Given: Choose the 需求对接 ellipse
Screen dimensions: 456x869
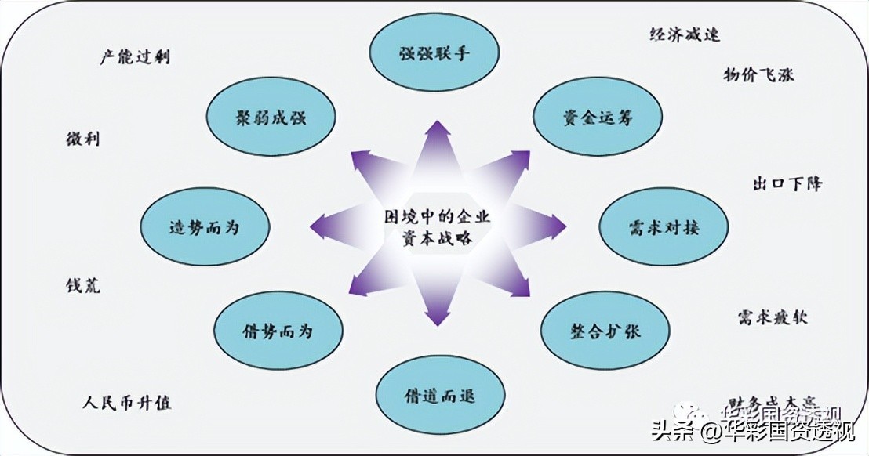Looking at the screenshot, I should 664,227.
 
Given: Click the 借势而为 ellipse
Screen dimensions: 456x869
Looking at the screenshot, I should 278,331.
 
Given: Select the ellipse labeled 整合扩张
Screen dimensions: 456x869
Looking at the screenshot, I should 605,330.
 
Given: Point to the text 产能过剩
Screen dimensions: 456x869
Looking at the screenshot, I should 136,57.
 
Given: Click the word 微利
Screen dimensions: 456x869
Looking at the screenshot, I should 83,139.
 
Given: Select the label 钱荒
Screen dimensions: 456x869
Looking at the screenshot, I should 82,286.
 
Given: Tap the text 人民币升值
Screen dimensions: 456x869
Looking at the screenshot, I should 127,404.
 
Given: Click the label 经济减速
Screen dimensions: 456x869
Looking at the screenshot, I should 684,34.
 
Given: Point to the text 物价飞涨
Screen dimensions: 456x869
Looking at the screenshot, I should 758,75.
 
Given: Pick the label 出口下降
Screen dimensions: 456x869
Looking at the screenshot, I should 787,184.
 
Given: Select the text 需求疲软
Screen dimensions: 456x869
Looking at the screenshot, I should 772,317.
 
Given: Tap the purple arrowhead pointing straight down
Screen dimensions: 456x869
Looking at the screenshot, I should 437,318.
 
